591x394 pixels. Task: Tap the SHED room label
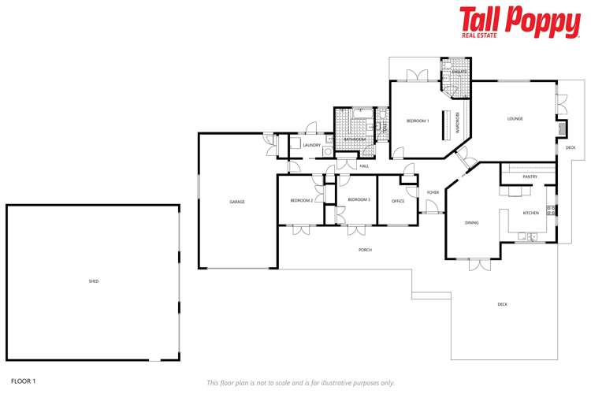(x=94, y=281)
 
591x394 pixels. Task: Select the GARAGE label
(x=237, y=202)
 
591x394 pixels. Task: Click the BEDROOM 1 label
(x=418, y=121)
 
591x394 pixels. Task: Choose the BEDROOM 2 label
(x=302, y=201)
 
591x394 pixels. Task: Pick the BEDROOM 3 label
(x=359, y=200)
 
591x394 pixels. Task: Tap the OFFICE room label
(x=398, y=201)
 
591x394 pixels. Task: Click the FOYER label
(x=433, y=192)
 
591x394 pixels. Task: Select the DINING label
(x=472, y=223)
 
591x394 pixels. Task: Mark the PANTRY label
(x=530, y=177)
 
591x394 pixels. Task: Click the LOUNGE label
(x=515, y=119)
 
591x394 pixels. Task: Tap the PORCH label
(x=365, y=250)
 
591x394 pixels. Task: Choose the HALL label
(x=364, y=166)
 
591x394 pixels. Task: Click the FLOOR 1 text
(x=24, y=381)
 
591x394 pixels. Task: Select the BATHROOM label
(x=355, y=140)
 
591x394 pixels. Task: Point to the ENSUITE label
(x=459, y=72)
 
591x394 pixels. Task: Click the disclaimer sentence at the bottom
(x=300, y=383)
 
